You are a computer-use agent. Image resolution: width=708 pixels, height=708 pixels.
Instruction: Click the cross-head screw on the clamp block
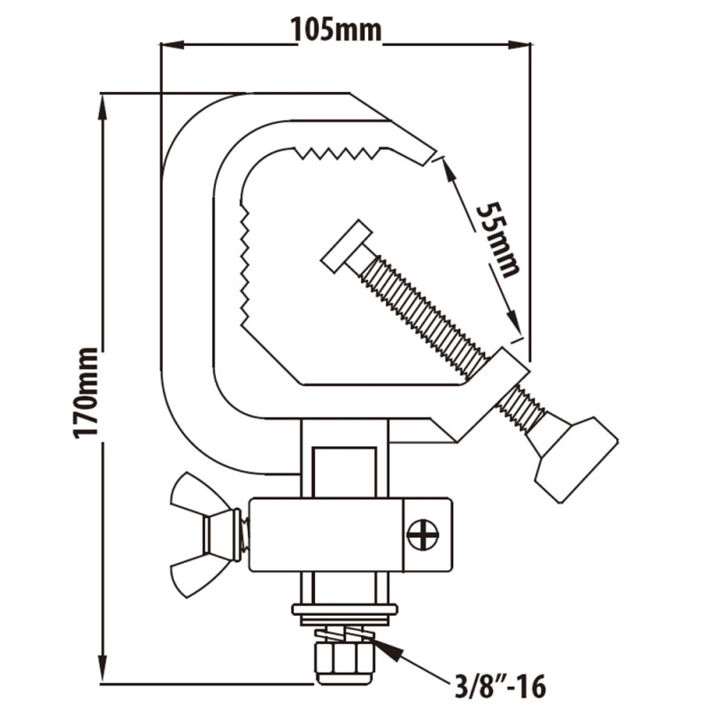[422, 535]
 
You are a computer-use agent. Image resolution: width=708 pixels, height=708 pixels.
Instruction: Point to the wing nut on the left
[196, 535]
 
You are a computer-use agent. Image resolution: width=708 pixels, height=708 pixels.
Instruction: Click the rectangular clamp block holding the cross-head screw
[350, 535]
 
